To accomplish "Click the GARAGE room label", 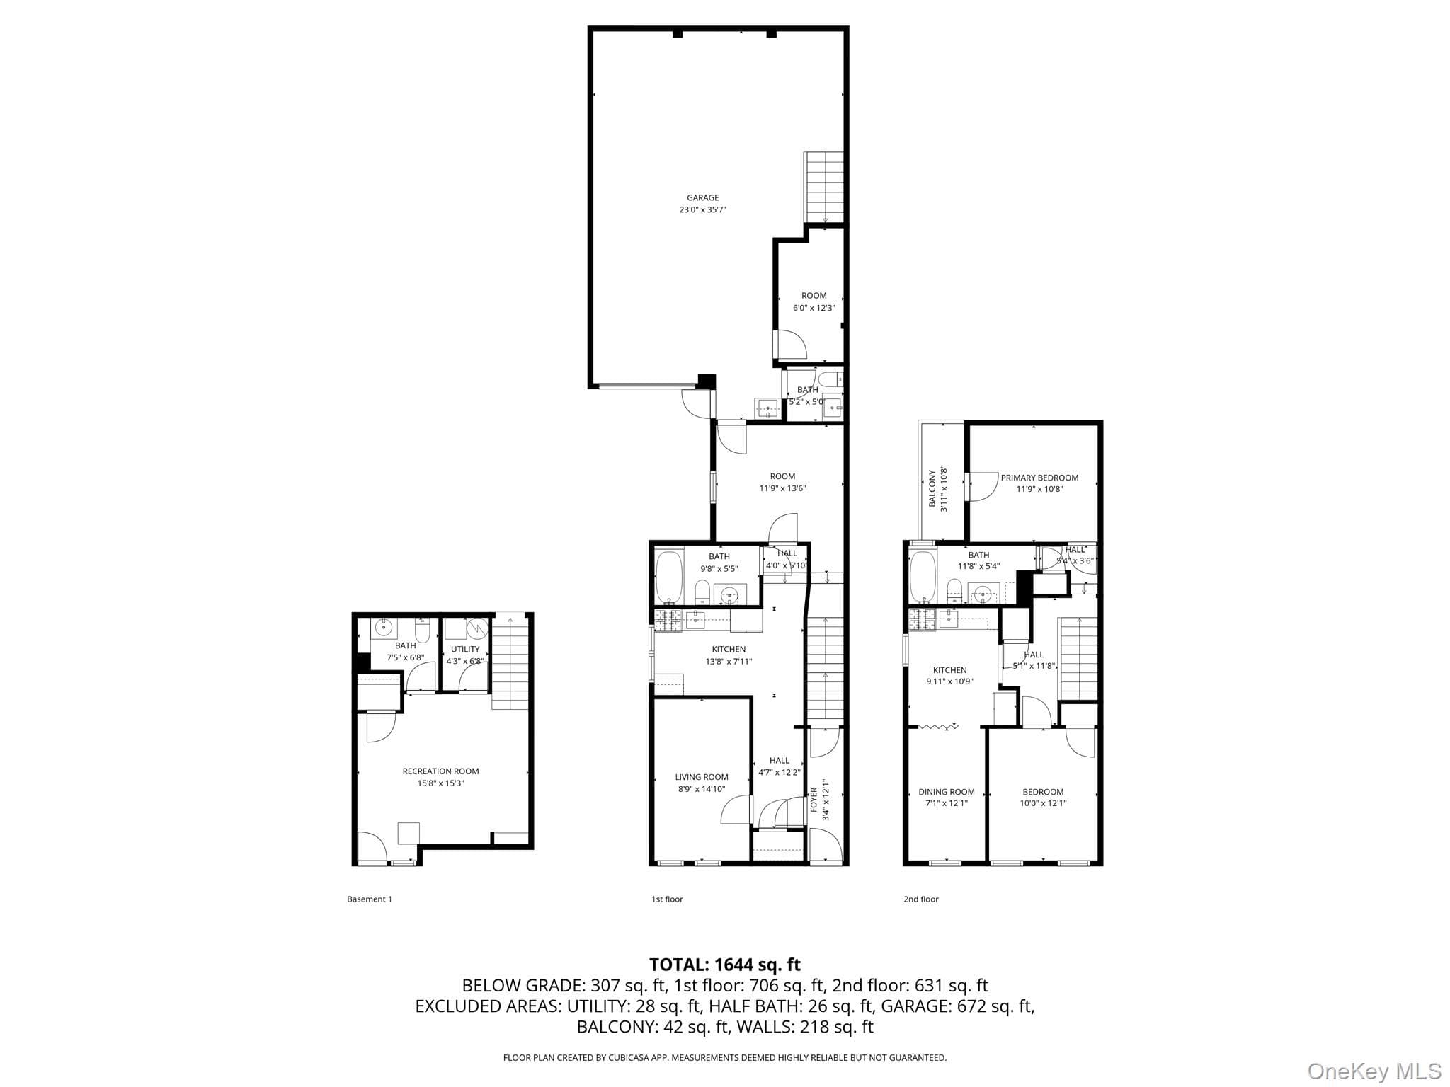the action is pyautogui.click(x=702, y=198).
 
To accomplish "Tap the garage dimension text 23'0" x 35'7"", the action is pyautogui.click(x=702, y=210).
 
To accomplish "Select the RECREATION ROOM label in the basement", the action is pyautogui.click(x=440, y=771).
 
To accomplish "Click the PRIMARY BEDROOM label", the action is pyautogui.click(x=1039, y=478).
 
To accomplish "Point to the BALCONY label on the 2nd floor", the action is pyautogui.click(x=932, y=488).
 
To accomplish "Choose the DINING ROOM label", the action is pyautogui.click(x=947, y=792).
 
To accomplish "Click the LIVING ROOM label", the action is pyautogui.click(x=701, y=777).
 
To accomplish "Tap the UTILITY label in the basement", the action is pyautogui.click(x=465, y=649).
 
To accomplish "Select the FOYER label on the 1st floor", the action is pyautogui.click(x=814, y=800).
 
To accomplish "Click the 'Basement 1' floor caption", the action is pyautogui.click(x=369, y=899).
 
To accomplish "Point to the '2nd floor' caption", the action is pyautogui.click(x=920, y=899).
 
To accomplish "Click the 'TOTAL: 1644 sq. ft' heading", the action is pyautogui.click(x=725, y=965).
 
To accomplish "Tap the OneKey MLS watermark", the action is pyautogui.click(x=1374, y=1071).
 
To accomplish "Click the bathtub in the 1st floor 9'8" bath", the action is pyautogui.click(x=668, y=577).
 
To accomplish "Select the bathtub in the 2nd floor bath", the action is pyautogui.click(x=923, y=577).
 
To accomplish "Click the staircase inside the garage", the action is pyautogui.click(x=823, y=188).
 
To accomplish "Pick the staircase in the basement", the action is pyautogui.click(x=510, y=662).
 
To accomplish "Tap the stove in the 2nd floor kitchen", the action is pyautogui.click(x=923, y=619).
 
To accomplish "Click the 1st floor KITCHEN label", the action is pyautogui.click(x=729, y=649).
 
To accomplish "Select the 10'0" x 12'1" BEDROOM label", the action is pyautogui.click(x=1043, y=792).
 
